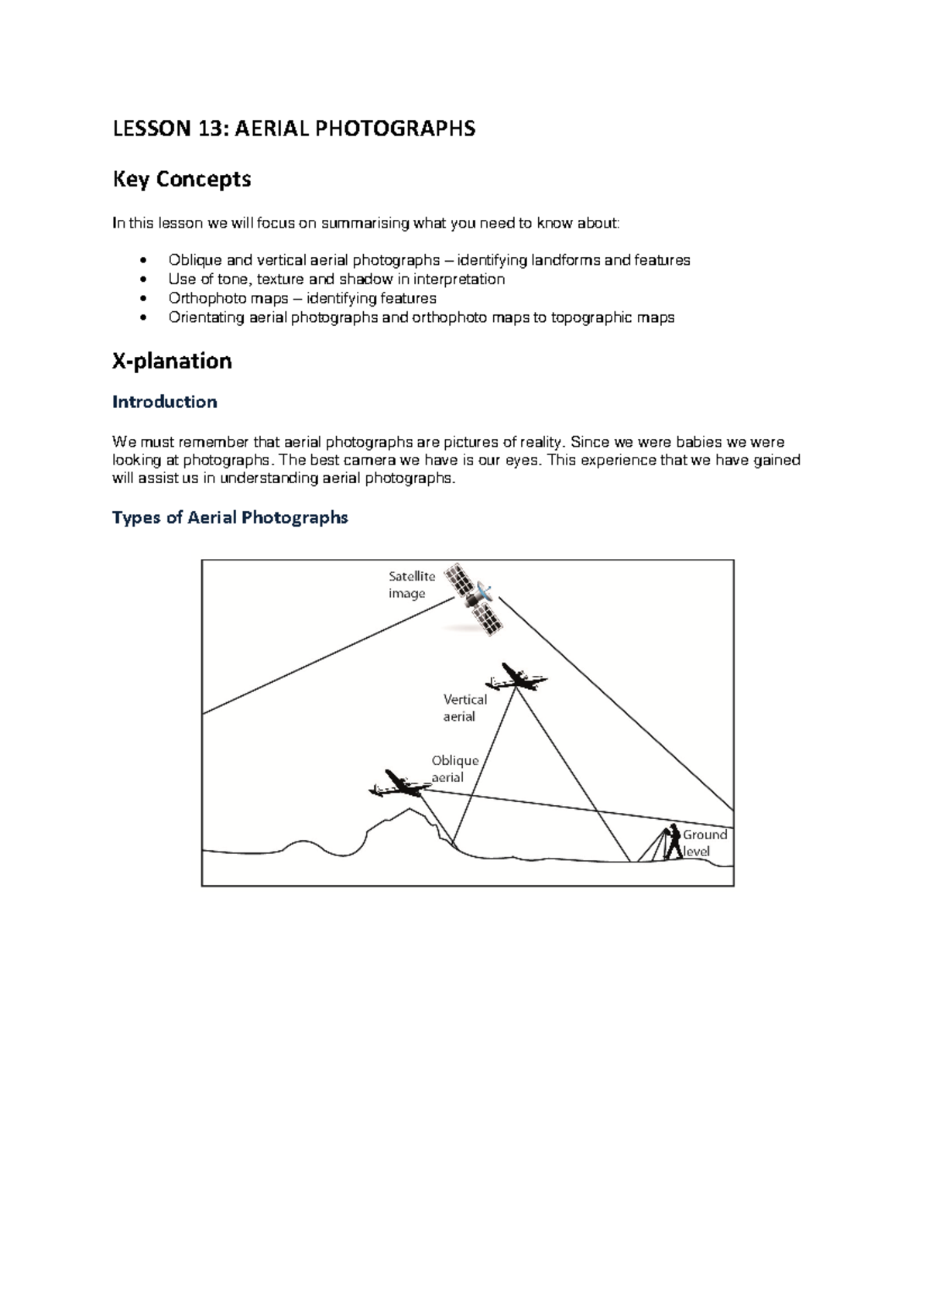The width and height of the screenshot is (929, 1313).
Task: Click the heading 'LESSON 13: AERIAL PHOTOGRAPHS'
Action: coord(293,129)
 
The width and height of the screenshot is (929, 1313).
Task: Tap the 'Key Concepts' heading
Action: coord(182,180)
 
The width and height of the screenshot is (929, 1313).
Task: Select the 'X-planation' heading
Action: coord(172,362)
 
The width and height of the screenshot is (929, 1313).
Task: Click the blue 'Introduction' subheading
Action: coord(164,402)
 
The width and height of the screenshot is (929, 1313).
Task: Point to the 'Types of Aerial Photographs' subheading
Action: coord(230,517)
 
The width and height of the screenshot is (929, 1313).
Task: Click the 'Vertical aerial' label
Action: coord(464,708)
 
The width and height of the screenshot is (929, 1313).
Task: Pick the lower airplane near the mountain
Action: coord(399,783)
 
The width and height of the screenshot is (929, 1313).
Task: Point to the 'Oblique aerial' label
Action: coord(454,769)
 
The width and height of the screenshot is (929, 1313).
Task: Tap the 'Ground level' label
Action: coord(704,843)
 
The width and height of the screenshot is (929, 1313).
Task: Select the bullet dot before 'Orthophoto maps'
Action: coord(142,299)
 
